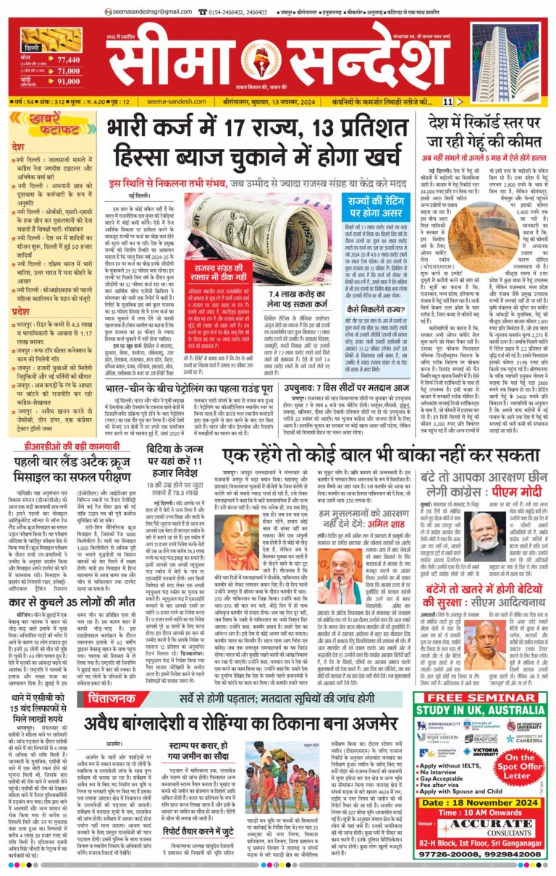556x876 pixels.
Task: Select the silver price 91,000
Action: tap(67, 82)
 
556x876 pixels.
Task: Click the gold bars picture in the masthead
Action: tap(41, 41)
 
